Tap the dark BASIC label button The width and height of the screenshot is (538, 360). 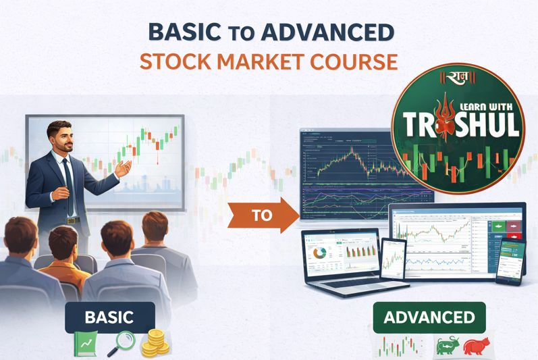(109, 317)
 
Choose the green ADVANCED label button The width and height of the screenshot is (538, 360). (429, 317)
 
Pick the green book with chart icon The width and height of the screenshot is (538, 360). (86, 344)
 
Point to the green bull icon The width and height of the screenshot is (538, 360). (447, 345)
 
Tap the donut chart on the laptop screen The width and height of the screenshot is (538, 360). (319, 252)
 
